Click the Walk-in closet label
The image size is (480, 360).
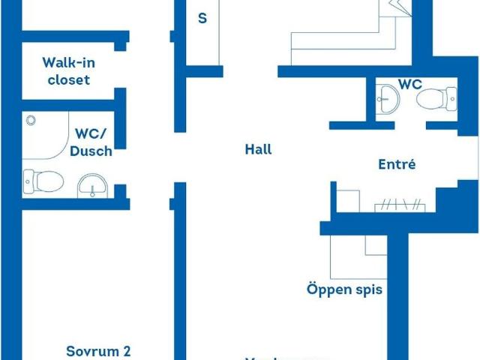69,71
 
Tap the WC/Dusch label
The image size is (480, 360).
93,142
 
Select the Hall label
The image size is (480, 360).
258,149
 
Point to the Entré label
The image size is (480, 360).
397,164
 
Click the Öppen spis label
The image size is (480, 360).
344,289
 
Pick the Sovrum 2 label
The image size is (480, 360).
98,350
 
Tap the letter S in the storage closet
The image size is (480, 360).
202,19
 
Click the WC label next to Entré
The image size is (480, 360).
409,83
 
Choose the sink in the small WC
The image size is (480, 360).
388,97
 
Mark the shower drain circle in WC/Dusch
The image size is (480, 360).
31,120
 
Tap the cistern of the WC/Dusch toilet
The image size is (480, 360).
28,181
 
